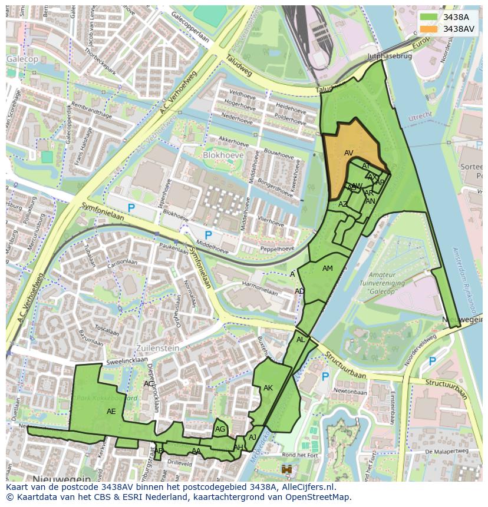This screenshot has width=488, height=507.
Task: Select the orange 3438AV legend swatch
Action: tap(429, 29)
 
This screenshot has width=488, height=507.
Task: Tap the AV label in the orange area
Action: tap(348, 153)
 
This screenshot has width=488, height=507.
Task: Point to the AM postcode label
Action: tap(328, 269)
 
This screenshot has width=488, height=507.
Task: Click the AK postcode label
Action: tap(268, 388)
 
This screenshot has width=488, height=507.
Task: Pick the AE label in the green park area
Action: tap(111, 412)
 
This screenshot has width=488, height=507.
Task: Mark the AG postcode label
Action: tap(220, 429)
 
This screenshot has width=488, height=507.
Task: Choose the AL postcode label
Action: tap(301, 340)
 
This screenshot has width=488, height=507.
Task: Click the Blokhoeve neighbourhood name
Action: tap(223, 155)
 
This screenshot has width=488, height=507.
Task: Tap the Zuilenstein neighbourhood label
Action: tap(157, 348)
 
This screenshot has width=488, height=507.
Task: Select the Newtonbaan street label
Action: tap(351, 390)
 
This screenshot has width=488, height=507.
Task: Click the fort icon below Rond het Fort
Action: tap(288, 469)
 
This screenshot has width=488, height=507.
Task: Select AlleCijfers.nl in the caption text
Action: tap(305, 487)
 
